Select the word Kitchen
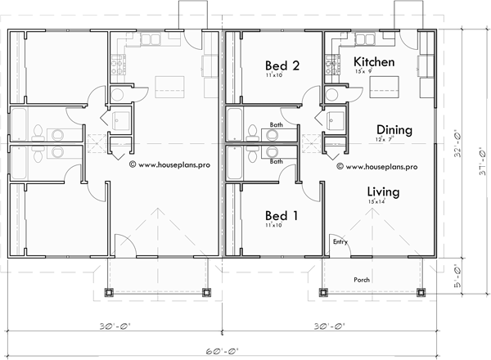pos(374,62)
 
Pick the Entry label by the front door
pos(339,242)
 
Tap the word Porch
pos(361,280)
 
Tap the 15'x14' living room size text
pos(377,201)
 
